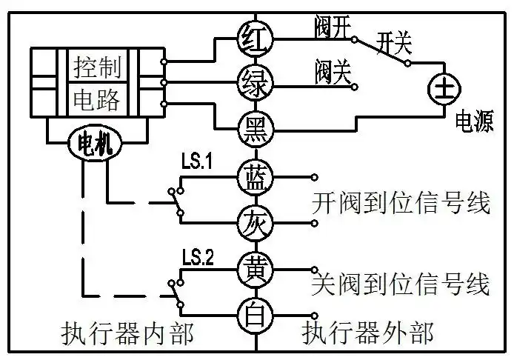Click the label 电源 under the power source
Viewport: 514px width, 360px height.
click(x=474, y=122)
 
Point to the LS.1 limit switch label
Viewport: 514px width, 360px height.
click(x=196, y=161)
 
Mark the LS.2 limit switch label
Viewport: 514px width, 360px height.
click(x=197, y=258)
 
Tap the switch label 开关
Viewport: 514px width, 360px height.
click(x=393, y=41)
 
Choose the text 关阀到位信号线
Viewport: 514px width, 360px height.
click(x=401, y=284)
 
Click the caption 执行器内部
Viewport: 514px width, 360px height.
click(x=127, y=334)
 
